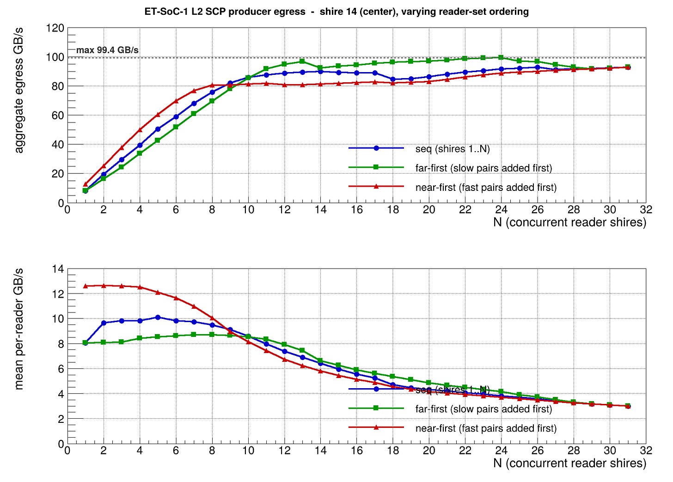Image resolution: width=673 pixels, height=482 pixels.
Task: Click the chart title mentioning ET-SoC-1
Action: (336, 12)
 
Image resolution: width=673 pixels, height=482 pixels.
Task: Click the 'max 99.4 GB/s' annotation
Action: (107, 50)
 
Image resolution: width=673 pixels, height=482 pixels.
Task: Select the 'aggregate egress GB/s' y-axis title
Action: (19, 90)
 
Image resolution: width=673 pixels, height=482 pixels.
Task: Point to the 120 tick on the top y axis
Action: (55, 28)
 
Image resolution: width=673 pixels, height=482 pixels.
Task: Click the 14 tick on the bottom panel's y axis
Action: (59, 269)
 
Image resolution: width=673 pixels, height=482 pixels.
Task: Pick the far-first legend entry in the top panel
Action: (483, 168)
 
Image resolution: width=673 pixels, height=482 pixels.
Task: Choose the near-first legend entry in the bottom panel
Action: (486, 428)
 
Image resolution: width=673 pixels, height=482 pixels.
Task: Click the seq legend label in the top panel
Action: (452, 149)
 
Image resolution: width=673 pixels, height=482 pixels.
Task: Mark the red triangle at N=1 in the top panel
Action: (86, 184)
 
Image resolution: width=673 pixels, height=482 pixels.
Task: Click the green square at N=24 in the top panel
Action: (501, 57)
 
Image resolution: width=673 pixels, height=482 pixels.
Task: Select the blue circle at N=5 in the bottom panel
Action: (158, 317)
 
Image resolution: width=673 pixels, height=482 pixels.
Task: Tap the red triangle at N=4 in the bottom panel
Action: (140, 287)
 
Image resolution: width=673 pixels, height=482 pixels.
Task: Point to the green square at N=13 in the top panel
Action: (302, 61)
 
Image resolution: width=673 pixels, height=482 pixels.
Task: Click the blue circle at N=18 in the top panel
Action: (393, 79)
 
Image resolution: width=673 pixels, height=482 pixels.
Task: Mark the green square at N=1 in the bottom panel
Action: (86, 342)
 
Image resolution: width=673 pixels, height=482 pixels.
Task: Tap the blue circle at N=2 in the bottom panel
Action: (104, 323)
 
